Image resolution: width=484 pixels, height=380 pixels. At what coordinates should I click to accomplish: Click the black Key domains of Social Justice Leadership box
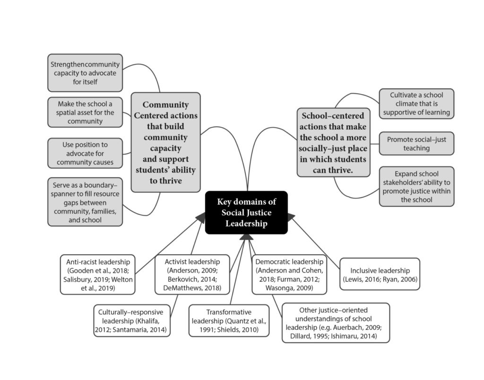(x=246, y=212)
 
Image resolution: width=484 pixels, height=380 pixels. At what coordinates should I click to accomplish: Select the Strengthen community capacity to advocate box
(x=85, y=73)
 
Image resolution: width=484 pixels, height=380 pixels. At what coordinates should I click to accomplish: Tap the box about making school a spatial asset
(x=85, y=112)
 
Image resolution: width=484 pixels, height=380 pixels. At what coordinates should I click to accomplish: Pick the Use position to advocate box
(x=85, y=153)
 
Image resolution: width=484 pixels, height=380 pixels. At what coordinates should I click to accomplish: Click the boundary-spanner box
(x=85, y=202)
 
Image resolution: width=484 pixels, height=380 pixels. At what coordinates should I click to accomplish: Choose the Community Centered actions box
(x=166, y=142)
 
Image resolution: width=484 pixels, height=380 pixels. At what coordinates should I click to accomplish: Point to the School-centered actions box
(x=333, y=142)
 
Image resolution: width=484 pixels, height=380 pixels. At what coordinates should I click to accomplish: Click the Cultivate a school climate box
(x=417, y=104)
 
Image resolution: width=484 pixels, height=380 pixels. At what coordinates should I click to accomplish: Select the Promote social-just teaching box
(x=417, y=144)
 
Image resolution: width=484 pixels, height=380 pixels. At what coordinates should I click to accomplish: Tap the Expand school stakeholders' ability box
(x=417, y=186)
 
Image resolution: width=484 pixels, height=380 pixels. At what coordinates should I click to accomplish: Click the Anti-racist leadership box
(x=98, y=275)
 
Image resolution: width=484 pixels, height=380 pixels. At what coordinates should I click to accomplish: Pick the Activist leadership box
(x=192, y=275)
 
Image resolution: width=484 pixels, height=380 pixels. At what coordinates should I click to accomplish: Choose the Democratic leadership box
(x=289, y=275)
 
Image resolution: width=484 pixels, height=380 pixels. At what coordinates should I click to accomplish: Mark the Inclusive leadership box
(x=380, y=275)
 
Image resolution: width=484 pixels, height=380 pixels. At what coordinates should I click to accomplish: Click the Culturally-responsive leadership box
(x=132, y=321)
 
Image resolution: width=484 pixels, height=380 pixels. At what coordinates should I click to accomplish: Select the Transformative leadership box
(x=229, y=321)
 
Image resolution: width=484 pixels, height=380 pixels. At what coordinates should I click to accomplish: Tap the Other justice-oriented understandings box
(x=336, y=323)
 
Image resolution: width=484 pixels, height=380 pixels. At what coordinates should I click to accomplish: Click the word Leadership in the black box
(x=246, y=224)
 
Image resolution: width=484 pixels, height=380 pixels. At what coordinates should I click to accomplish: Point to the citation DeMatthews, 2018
(x=192, y=288)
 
